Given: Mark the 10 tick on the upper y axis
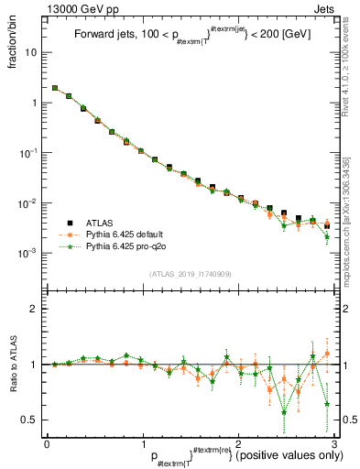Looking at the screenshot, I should tap(33, 52).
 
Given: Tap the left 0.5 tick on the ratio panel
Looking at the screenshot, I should tap(32, 420).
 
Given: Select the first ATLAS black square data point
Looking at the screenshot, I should tap(55, 89).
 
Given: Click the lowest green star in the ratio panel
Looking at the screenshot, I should tap(284, 411).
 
